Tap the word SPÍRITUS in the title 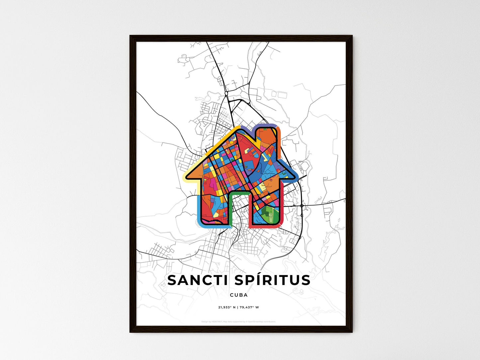[272, 280]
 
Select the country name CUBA [239, 295]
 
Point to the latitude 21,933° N [227, 307]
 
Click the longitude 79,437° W [249, 307]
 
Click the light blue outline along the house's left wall [199, 209]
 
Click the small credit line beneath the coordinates [239, 321]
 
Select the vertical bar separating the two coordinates [238, 307]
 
